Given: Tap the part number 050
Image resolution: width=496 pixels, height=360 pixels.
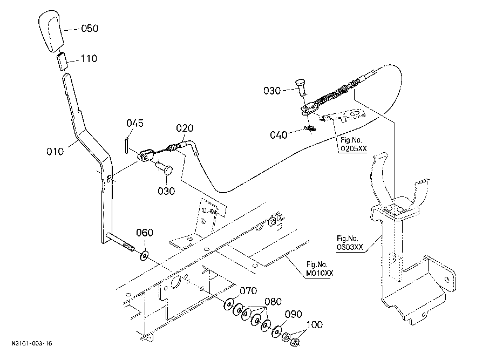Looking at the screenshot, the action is (x=90, y=29).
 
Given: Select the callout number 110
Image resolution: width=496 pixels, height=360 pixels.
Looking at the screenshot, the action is (x=89, y=58).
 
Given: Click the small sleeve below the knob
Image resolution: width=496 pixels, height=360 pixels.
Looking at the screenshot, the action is (x=62, y=62).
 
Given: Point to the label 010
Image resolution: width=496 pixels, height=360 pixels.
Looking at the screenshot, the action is (x=55, y=152).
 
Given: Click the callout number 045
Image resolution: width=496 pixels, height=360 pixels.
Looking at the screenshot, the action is (x=135, y=123).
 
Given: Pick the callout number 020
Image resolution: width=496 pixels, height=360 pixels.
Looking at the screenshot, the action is (x=185, y=128).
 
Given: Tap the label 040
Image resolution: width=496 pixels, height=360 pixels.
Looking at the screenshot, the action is (x=278, y=135).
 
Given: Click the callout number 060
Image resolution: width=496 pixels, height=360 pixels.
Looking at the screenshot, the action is (x=145, y=233).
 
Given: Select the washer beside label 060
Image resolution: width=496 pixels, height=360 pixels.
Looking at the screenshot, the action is (x=144, y=255).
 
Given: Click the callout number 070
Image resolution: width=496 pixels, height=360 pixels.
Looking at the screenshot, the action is (x=248, y=290).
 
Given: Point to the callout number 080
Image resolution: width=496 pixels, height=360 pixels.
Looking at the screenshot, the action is (x=273, y=301).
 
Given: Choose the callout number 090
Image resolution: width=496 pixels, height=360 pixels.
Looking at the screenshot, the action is (x=294, y=314).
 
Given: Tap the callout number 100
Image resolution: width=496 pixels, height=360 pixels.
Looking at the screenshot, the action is (x=315, y=324).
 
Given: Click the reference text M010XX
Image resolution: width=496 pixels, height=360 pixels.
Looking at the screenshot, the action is (x=320, y=273).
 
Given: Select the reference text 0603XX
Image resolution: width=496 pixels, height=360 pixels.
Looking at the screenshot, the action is (x=350, y=247).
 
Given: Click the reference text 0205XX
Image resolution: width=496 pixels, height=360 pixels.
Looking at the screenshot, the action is (x=354, y=148).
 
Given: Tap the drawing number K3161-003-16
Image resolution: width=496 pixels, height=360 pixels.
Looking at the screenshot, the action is (x=32, y=343).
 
